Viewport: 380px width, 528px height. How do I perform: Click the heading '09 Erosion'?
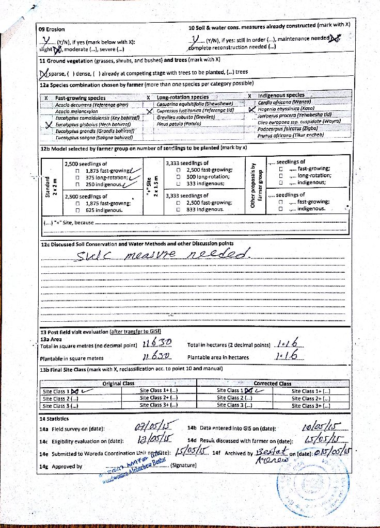coord(52,29)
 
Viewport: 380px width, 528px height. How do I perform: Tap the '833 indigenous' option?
coord(205,209)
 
